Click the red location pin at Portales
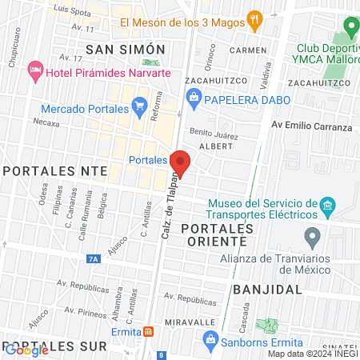[180, 162]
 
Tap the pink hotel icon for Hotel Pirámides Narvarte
[35, 72]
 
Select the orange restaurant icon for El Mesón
[255, 22]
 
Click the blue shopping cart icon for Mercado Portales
[139, 105]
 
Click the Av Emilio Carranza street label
[311, 126]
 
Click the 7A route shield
[94, 258]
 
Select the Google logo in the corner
[26, 350]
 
